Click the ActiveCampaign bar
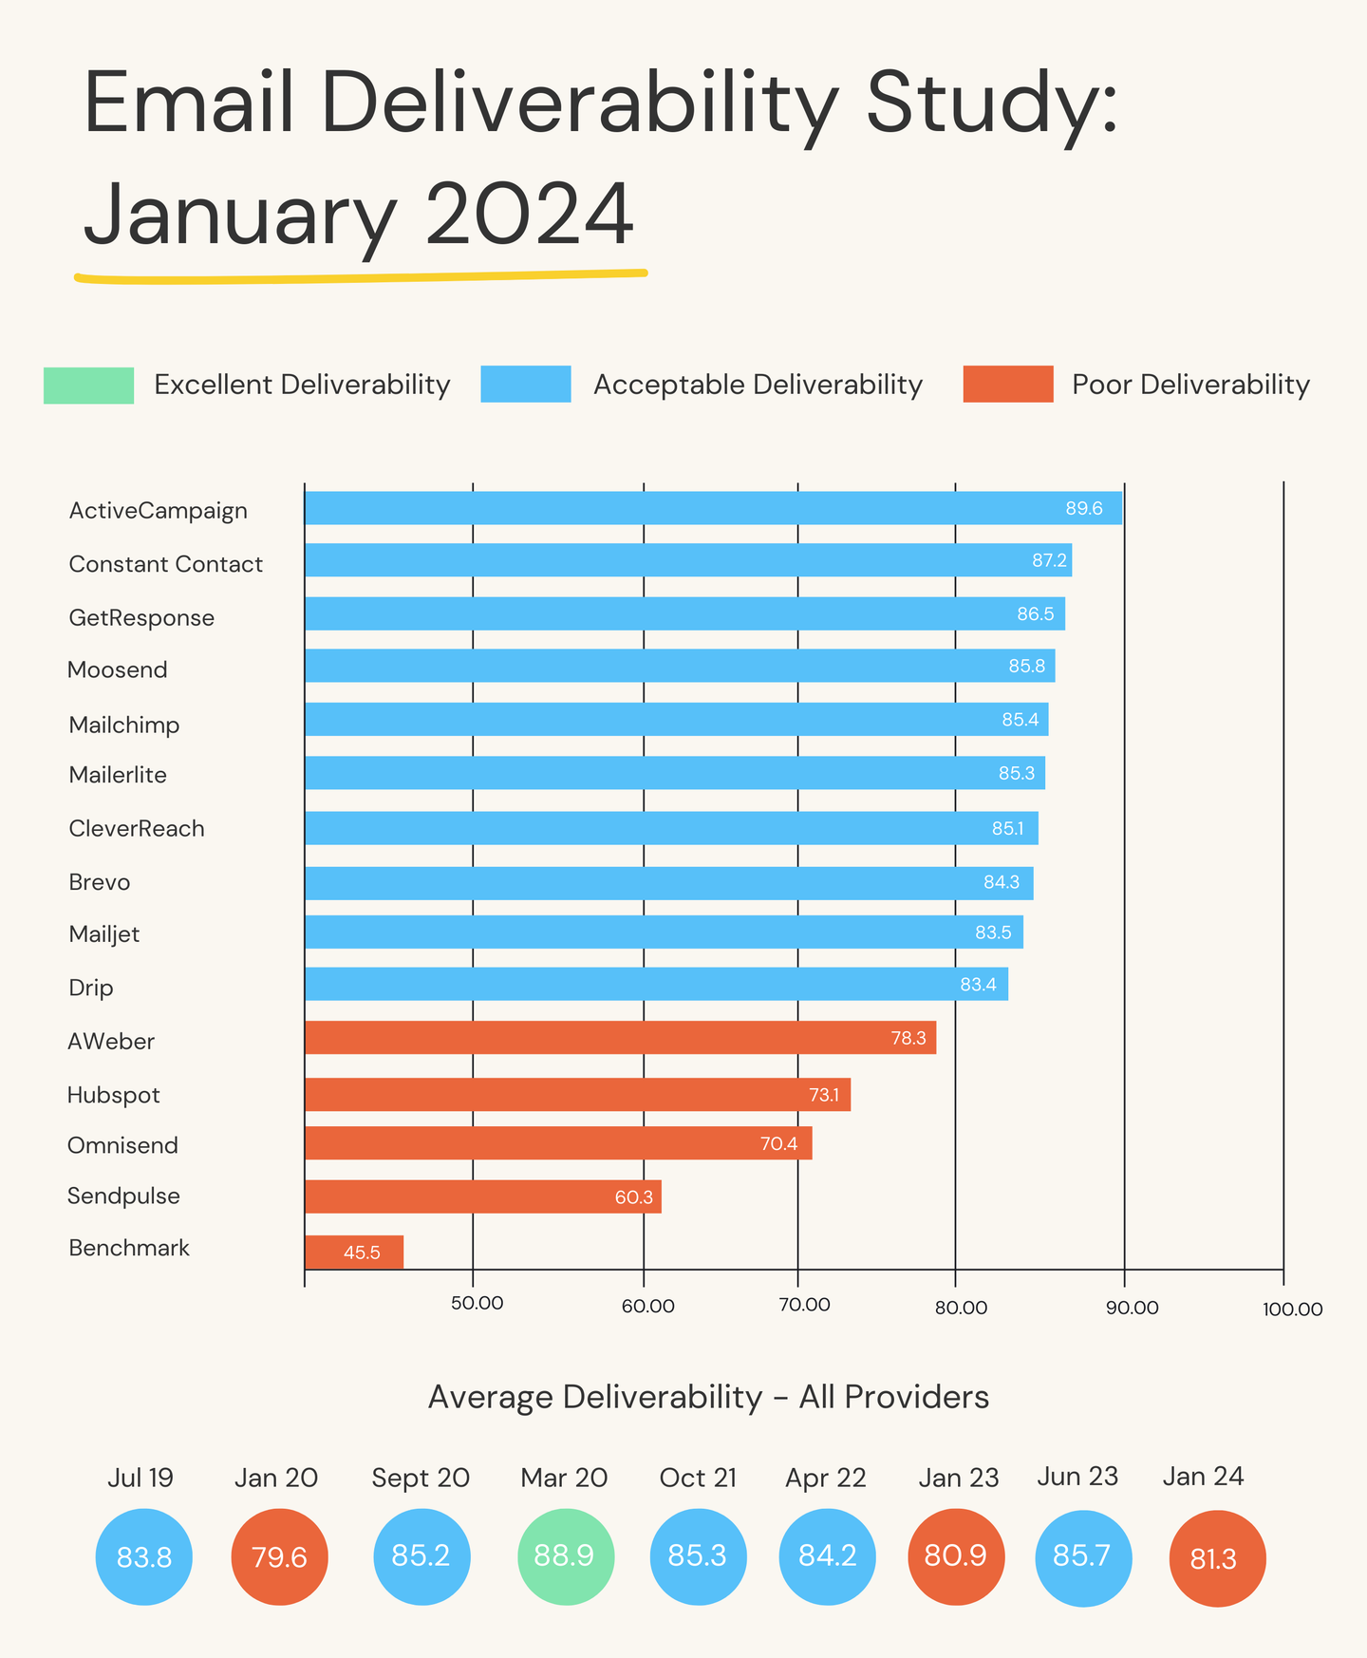tap(712, 508)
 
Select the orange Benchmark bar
tap(353, 1252)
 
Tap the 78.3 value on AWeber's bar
tap(908, 1038)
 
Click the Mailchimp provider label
tap(123, 725)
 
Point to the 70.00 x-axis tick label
tap(804, 1305)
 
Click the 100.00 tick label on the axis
tap(1291, 1309)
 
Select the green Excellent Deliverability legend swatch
tap(88, 385)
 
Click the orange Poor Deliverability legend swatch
tap(1007, 384)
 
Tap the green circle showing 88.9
tap(566, 1556)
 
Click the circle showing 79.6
tap(279, 1557)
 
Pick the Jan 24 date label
tap(1202, 1477)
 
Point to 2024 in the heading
tap(528, 215)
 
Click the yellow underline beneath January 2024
tap(361, 277)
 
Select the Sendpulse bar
tap(482, 1196)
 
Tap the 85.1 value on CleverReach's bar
tap(1007, 829)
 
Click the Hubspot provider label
tap(113, 1096)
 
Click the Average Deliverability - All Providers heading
tap(708, 1397)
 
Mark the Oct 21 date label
tap(698, 1479)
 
